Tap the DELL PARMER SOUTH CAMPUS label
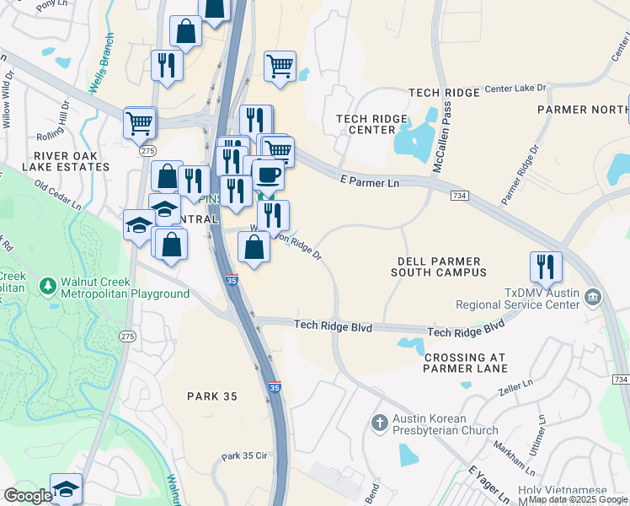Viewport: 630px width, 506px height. tap(439, 267)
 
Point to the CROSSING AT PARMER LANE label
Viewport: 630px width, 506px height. tap(465, 363)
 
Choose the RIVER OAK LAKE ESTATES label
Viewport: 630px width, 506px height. tap(72, 161)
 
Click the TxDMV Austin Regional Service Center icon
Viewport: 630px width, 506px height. tap(593, 297)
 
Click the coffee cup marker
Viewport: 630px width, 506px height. tap(268, 174)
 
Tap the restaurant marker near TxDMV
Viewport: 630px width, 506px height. tap(546, 266)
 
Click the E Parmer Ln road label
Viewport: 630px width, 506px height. tap(368, 180)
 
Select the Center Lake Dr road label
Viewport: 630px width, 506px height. tap(515, 88)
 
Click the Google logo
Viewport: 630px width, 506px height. tap(29, 496)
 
